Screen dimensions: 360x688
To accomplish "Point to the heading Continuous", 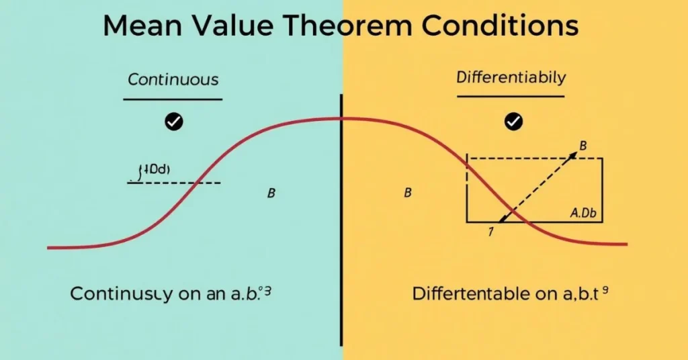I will pos(173,79).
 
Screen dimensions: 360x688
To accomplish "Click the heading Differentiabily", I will pos(511,77).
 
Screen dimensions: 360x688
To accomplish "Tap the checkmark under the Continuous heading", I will pos(174,122).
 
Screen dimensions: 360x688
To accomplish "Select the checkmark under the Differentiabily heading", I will pos(514,122).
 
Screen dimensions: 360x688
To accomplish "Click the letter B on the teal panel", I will pos(271,193).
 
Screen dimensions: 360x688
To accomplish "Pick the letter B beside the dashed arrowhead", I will pos(583,145).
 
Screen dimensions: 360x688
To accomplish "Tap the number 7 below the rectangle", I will pos(490,232).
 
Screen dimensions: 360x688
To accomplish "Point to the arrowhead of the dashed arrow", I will pos(572,156).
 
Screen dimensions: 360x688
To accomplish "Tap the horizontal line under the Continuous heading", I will pos(173,99).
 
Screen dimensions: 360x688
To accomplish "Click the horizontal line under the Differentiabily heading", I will pos(511,97).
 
